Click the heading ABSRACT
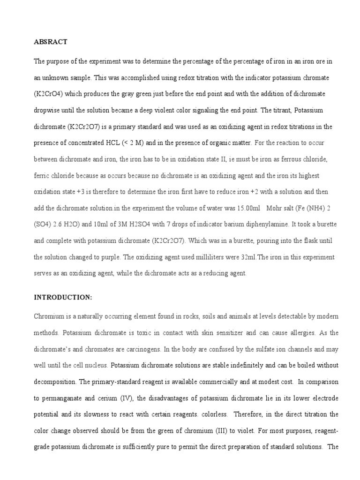51,42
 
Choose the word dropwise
49,111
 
